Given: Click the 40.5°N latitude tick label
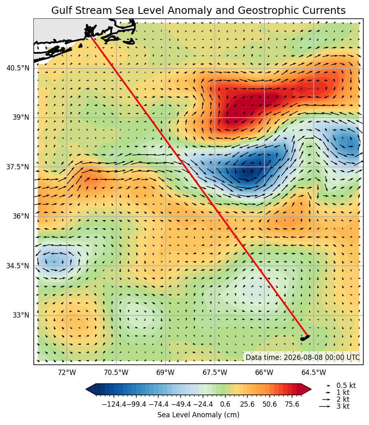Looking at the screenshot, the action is [17, 68].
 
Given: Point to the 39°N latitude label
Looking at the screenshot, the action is [21, 117].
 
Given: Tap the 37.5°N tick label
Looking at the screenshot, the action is [17, 167].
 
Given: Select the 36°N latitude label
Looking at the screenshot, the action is [21, 216].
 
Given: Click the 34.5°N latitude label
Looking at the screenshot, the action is [17, 265].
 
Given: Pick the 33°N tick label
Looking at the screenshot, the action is [21, 315].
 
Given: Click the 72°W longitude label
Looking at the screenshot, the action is [67, 372].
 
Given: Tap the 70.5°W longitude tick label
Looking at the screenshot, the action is [116, 372].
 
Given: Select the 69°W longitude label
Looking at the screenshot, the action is [166, 372].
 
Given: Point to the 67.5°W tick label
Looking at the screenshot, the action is [215, 372].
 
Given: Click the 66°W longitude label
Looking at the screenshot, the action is [264, 372].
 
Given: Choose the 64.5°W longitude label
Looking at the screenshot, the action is [314, 372].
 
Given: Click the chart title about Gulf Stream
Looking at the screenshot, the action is [198, 11].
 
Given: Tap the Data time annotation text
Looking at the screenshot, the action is [303, 357].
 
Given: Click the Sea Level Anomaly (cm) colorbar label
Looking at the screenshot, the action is [198, 415].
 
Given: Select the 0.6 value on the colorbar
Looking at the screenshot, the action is [225, 404].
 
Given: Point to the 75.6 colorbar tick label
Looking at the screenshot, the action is [292, 404].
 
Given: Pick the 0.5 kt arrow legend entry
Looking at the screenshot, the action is [341, 386].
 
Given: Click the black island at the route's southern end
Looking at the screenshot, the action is [305, 338].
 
